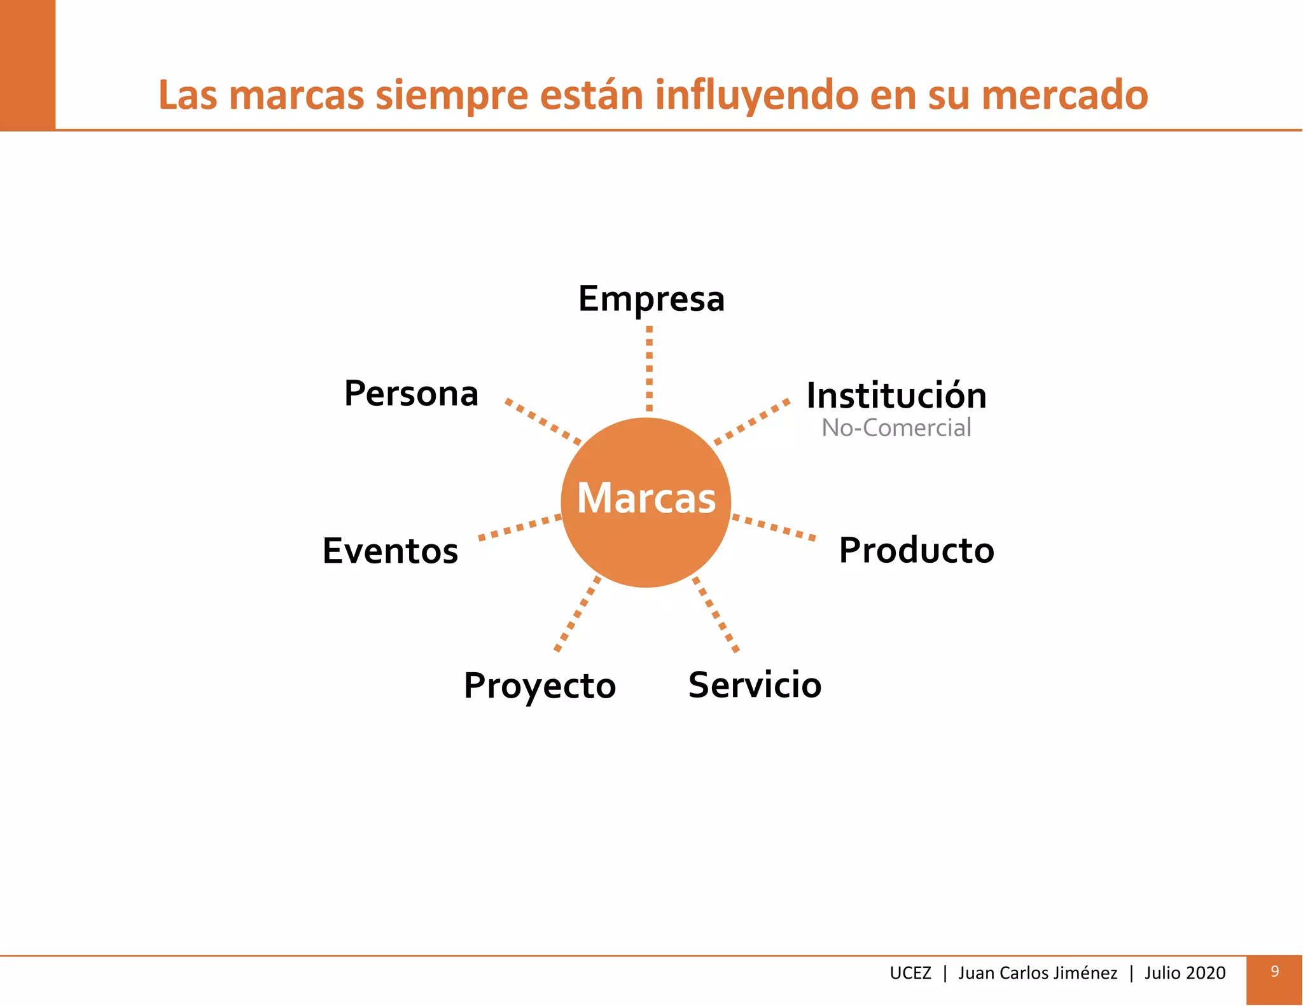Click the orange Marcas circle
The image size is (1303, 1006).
click(646, 502)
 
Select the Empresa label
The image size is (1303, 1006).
click(651, 299)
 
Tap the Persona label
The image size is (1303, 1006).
click(411, 394)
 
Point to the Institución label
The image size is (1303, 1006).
click(896, 396)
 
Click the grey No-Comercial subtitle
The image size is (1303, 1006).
click(896, 428)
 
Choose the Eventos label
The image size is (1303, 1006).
click(390, 551)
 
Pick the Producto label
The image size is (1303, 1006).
click(916, 550)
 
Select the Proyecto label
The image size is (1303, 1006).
click(540, 686)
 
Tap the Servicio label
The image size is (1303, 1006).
click(755, 685)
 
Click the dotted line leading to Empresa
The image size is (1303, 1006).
click(649, 369)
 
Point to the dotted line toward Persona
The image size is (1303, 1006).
click(543, 421)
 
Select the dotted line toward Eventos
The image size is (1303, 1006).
click(520, 527)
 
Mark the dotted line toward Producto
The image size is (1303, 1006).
click(774, 527)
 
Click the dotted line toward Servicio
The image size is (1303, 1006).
click(716, 614)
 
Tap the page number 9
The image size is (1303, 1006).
click(1274, 971)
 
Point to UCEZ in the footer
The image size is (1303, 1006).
click(910, 973)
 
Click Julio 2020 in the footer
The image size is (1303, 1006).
click(1185, 973)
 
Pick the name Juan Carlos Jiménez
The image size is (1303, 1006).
click(1037, 973)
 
